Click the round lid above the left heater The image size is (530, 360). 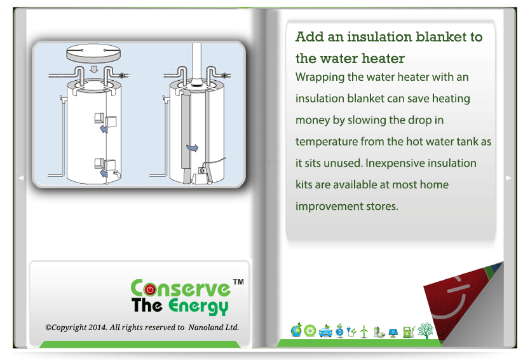93,53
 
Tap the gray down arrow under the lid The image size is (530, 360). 94,69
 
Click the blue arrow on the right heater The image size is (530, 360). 193,148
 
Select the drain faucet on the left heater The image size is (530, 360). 117,174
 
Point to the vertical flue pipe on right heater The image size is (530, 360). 197,62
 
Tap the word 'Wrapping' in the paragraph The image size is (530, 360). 320,78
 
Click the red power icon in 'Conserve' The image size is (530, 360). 150,289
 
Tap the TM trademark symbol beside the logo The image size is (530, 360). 238,282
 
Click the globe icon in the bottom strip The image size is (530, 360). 296,330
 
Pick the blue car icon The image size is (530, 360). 325,331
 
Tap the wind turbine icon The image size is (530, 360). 364,331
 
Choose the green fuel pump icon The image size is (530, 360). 409,331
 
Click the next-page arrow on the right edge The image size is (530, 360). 508,177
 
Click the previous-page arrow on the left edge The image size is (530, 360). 22,177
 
